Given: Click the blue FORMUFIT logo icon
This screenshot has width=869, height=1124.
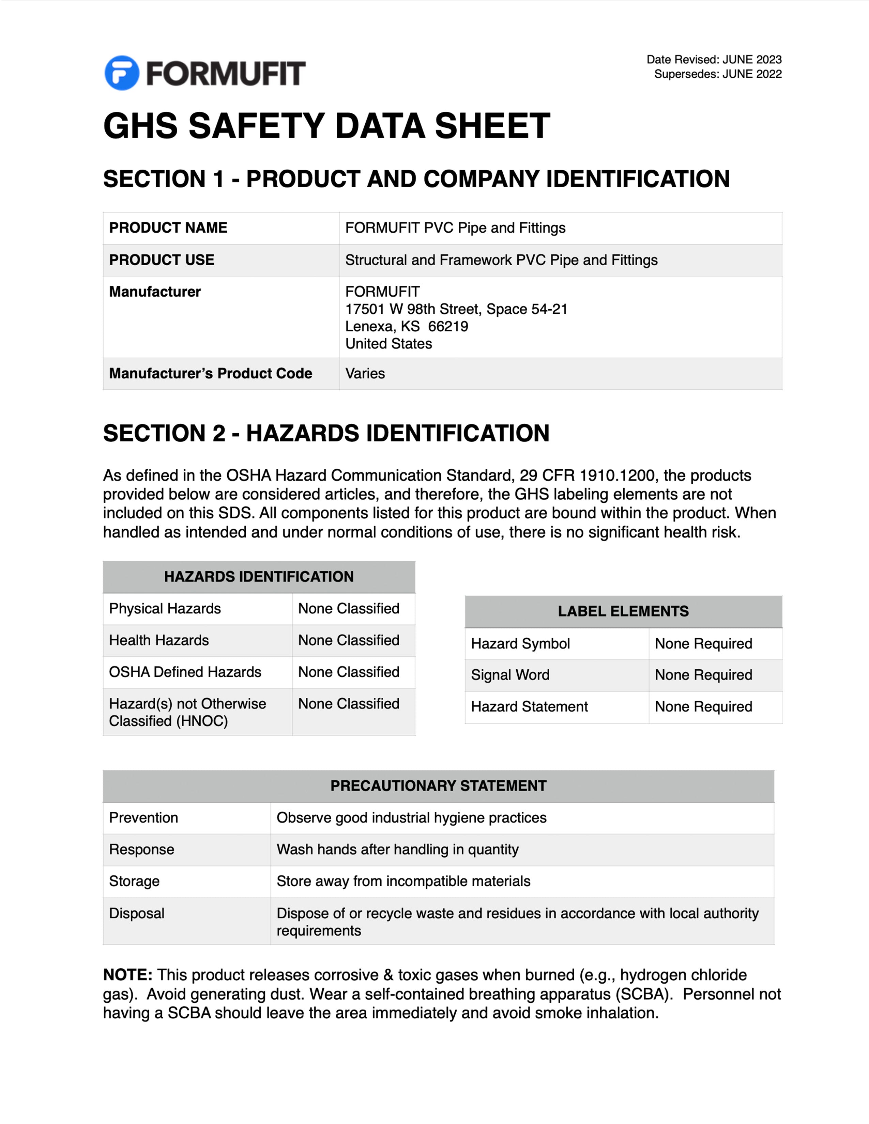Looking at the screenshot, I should (122, 73).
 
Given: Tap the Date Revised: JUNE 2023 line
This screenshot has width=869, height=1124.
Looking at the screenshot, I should (714, 60).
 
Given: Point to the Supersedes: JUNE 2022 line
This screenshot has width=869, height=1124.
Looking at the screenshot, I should (718, 74).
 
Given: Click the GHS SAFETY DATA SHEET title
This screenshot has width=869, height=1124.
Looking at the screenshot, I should (326, 126).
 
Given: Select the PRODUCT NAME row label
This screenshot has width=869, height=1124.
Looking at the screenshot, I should (168, 228).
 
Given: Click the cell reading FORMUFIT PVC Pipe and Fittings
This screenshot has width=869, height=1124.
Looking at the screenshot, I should (455, 228).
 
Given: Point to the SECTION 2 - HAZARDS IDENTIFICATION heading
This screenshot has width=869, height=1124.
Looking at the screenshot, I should (326, 433).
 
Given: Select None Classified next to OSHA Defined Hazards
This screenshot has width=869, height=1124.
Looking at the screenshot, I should (349, 672).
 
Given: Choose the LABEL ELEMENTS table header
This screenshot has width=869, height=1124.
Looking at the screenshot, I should (623, 611).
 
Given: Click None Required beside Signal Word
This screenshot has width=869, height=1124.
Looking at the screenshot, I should (703, 675).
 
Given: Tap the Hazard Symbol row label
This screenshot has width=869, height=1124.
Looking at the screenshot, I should (520, 643).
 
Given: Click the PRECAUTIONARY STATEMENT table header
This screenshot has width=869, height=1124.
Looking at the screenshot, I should (438, 785).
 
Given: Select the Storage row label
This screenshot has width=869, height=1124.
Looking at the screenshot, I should (134, 881).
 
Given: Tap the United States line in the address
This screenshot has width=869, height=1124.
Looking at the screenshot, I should (389, 343).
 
